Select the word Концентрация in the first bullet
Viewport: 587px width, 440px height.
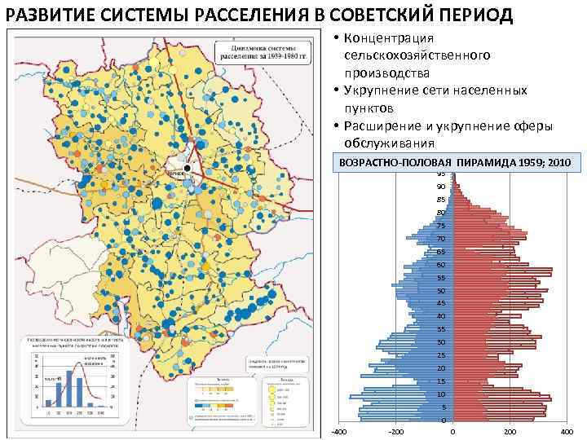389,39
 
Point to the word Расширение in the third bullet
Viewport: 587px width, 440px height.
384,125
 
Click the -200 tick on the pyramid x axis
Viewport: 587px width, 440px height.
395,431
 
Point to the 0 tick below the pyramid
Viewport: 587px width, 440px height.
452,431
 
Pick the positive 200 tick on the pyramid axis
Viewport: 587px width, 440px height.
510,431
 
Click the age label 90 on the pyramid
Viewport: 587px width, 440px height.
440,187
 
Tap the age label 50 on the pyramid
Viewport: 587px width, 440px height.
440,291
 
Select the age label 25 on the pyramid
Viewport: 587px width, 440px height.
440,355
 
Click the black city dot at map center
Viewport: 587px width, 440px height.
188,168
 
